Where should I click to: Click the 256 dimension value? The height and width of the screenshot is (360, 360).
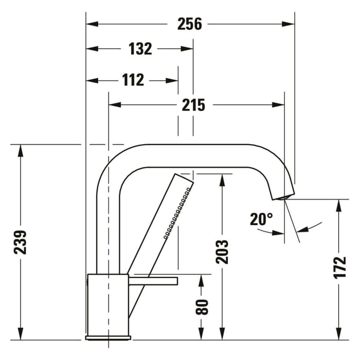coord(190,24)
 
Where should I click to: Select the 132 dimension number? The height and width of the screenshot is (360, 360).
coord(140,49)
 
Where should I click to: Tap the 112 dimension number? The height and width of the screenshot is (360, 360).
coord(133,80)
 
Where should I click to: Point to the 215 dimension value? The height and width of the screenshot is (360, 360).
coord(193,105)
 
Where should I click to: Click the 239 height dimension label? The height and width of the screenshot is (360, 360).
coord(21,242)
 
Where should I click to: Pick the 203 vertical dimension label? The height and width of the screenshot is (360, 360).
coord(222,251)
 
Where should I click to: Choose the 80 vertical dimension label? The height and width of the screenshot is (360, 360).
coord(202,307)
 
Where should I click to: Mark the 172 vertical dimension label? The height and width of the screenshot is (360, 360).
coord(339,267)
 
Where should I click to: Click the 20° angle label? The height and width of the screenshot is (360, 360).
coord(261,220)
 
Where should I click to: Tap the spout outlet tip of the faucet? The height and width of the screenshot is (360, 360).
coord(283,196)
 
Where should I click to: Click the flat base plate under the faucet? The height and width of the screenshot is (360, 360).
coord(108,338)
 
